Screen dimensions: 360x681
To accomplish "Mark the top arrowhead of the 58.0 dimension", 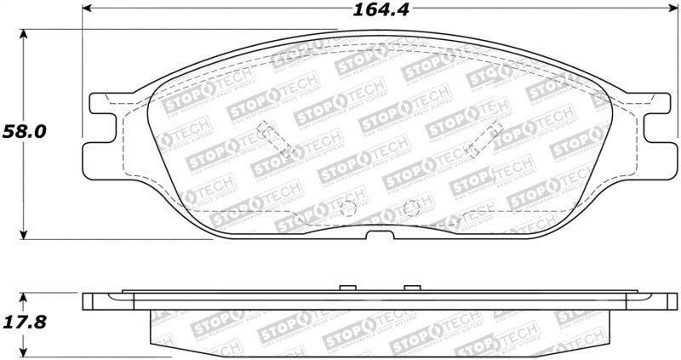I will point(24,33).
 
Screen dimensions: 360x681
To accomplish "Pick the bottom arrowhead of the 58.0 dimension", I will point(24,236).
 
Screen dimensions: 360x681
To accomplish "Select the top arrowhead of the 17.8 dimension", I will point(24,296).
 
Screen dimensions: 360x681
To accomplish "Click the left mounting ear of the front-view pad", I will point(100,141).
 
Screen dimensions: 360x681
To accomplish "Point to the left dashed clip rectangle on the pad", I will point(278,141).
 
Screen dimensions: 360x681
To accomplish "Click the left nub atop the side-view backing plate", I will point(346,288).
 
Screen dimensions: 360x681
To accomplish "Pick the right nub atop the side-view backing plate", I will point(414,288).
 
